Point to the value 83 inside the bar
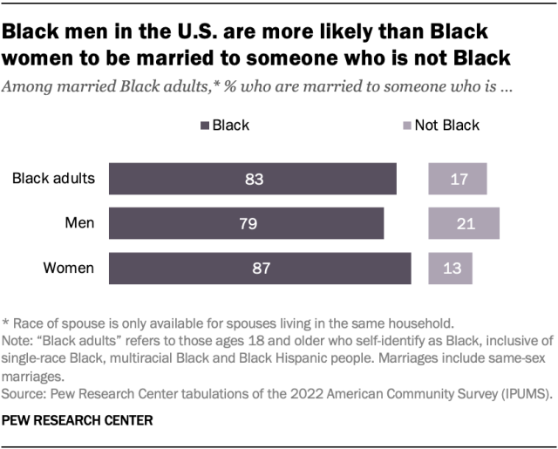[x=254, y=179]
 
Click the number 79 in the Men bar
[x=247, y=223]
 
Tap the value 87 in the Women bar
[x=261, y=268]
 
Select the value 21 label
[x=464, y=223]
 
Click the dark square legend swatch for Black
[x=204, y=126]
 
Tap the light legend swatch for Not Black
[x=405, y=126]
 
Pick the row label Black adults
[x=53, y=179]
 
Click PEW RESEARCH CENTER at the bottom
[x=78, y=420]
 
